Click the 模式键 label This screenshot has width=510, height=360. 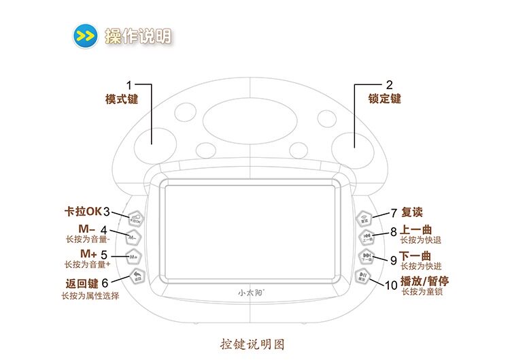coord(121,99)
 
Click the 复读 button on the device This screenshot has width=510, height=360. coord(364,217)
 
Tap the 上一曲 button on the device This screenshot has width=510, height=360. coord(367,238)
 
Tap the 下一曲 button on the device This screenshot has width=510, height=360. coord(367,257)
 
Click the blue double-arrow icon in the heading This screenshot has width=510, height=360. coord(84,35)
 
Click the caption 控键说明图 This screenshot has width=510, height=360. coord(253,344)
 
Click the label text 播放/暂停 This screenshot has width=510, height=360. coord(424,280)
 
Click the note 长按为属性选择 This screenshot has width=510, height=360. coord(90,296)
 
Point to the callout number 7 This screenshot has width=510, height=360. coord(393,212)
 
